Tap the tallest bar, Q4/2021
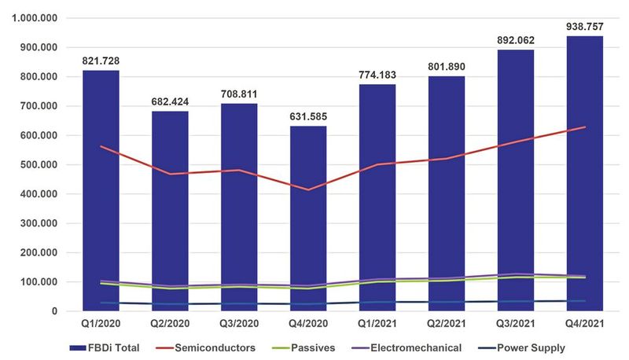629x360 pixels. pyautogui.click(x=584, y=173)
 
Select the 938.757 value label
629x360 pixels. pyautogui.click(x=584, y=27)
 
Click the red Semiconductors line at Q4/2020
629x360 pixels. pyautogui.click(x=309, y=189)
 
